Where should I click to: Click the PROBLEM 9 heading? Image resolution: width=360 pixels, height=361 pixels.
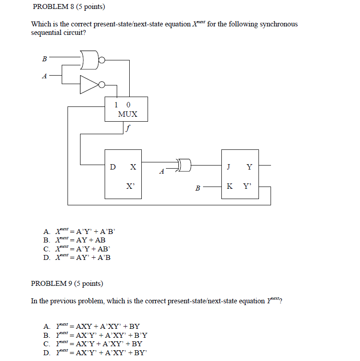pos(67,284)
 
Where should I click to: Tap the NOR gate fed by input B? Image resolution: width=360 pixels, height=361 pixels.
pos(91,60)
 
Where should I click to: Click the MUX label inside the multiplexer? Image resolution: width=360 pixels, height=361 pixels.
pos(127,114)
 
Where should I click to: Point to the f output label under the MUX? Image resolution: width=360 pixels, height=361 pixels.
pos(128,129)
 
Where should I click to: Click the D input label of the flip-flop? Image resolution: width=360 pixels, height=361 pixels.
pos(113,167)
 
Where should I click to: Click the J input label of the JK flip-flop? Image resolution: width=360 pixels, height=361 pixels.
pos(229,167)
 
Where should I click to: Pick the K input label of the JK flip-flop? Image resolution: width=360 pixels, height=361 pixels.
pos(229,186)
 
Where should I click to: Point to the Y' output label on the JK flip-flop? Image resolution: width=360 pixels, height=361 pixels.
pos(247,186)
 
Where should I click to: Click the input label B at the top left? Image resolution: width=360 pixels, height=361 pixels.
pos(44,58)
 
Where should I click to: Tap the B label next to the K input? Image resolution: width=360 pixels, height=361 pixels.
pos(198,188)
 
